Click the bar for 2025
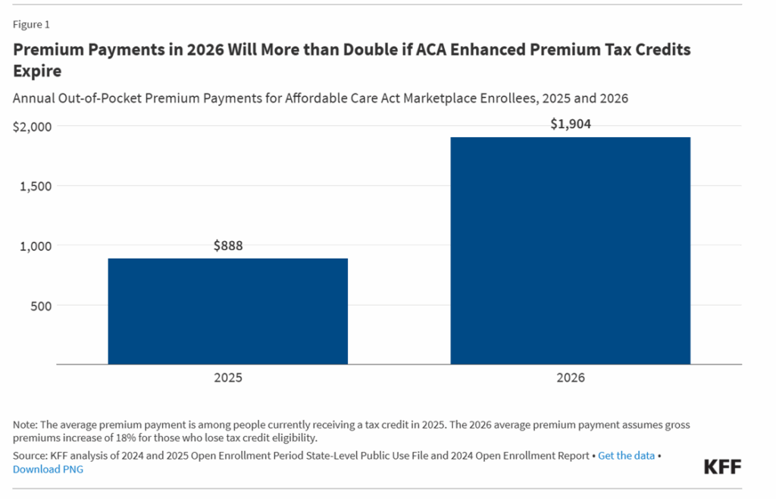227,311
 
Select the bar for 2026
570,250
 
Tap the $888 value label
227,246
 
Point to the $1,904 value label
570,124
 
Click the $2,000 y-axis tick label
32,127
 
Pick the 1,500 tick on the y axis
35,186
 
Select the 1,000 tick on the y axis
35,246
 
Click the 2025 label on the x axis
227,377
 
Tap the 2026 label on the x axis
570,377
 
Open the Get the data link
626,456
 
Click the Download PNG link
48,469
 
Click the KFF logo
722,466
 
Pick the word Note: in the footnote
27,425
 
